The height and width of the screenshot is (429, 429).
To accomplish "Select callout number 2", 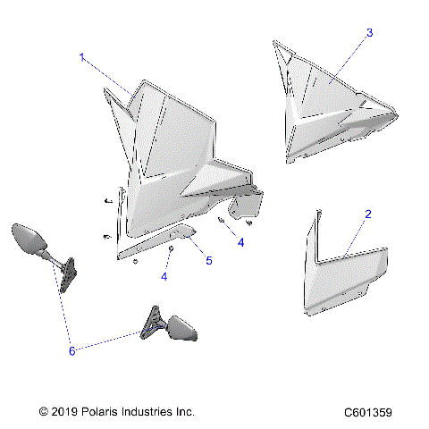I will click(368, 214).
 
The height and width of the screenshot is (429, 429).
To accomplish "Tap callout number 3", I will click(369, 32).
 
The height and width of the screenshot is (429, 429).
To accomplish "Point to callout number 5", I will click(208, 261).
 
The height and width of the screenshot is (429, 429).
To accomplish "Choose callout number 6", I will click(73, 351).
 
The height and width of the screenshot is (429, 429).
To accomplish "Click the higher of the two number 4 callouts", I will click(240, 241).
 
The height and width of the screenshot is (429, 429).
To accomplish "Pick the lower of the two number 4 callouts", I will click(164, 277).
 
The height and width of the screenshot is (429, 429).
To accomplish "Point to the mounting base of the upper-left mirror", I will click(67, 276).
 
